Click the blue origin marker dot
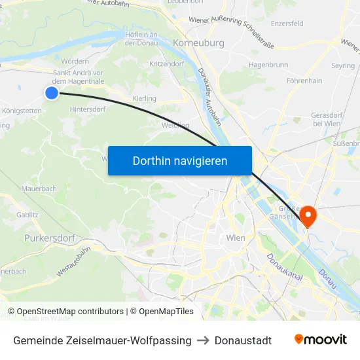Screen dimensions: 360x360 [x=52, y=94]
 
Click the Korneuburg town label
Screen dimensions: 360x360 [x=198, y=43]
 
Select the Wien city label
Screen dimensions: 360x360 [x=235, y=238]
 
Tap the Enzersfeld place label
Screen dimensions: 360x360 [x=287, y=24]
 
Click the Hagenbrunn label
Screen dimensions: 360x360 [x=268, y=65]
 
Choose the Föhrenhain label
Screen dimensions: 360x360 [x=304, y=81]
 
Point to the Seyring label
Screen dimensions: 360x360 [x=343, y=66]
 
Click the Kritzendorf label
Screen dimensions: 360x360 [x=167, y=64]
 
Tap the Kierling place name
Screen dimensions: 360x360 [x=145, y=99]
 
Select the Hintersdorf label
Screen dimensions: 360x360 [x=87, y=109]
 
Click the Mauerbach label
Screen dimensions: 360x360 [x=39, y=188]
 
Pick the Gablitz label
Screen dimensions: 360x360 [x=27, y=214]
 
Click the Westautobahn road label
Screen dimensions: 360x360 [x=73, y=261]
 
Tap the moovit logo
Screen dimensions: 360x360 [x=321, y=340]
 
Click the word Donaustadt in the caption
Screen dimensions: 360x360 [x=243, y=340]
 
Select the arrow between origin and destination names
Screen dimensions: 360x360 [x=203, y=340]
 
